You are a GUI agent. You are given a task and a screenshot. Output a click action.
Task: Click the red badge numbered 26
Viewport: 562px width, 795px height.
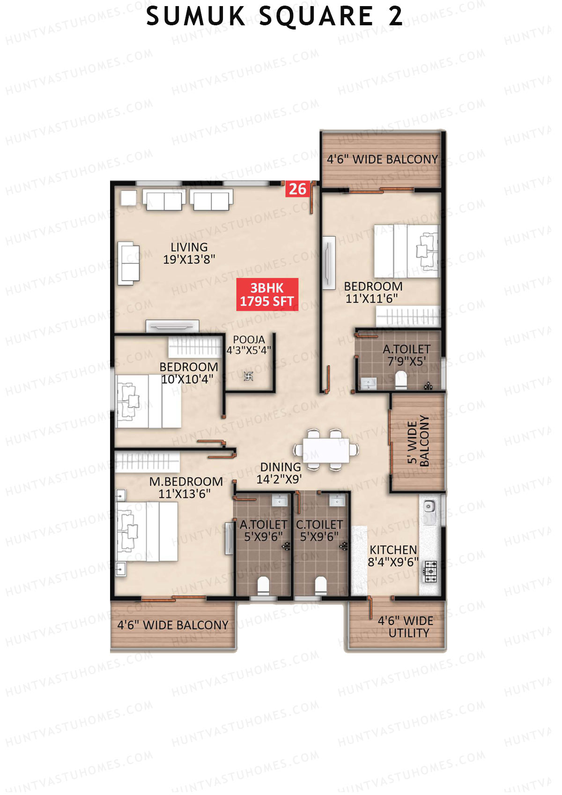tap(297, 189)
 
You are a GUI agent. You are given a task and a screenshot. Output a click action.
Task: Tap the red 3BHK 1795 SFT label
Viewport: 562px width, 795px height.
tap(267, 295)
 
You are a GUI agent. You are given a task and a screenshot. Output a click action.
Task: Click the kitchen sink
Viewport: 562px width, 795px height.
tap(429, 506)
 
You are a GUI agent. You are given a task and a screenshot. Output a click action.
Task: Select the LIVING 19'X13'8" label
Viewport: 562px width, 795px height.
tap(189, 253)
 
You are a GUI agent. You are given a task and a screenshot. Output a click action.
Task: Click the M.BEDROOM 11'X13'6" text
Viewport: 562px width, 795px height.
tap(185, 488)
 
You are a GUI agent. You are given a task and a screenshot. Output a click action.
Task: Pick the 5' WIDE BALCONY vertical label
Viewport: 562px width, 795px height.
tap(418, 441)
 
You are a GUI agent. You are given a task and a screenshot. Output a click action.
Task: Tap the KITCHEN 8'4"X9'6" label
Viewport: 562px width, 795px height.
tap(393, 556)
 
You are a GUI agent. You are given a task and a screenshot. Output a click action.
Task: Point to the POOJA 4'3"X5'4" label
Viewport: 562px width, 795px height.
tap(249, 345)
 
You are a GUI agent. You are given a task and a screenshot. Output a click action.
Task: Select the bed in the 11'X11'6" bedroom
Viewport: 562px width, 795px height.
tap(407, 251)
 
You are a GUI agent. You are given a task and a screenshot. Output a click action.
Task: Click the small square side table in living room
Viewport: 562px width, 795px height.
tap(128, 198)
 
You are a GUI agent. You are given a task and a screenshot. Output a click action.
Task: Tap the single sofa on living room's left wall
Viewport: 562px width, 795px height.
tap(128, 263)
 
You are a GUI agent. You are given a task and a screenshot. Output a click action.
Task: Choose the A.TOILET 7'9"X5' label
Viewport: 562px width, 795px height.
tap(406, 355)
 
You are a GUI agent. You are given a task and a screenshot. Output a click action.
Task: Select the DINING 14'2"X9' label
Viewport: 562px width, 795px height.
tap(280, 473)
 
